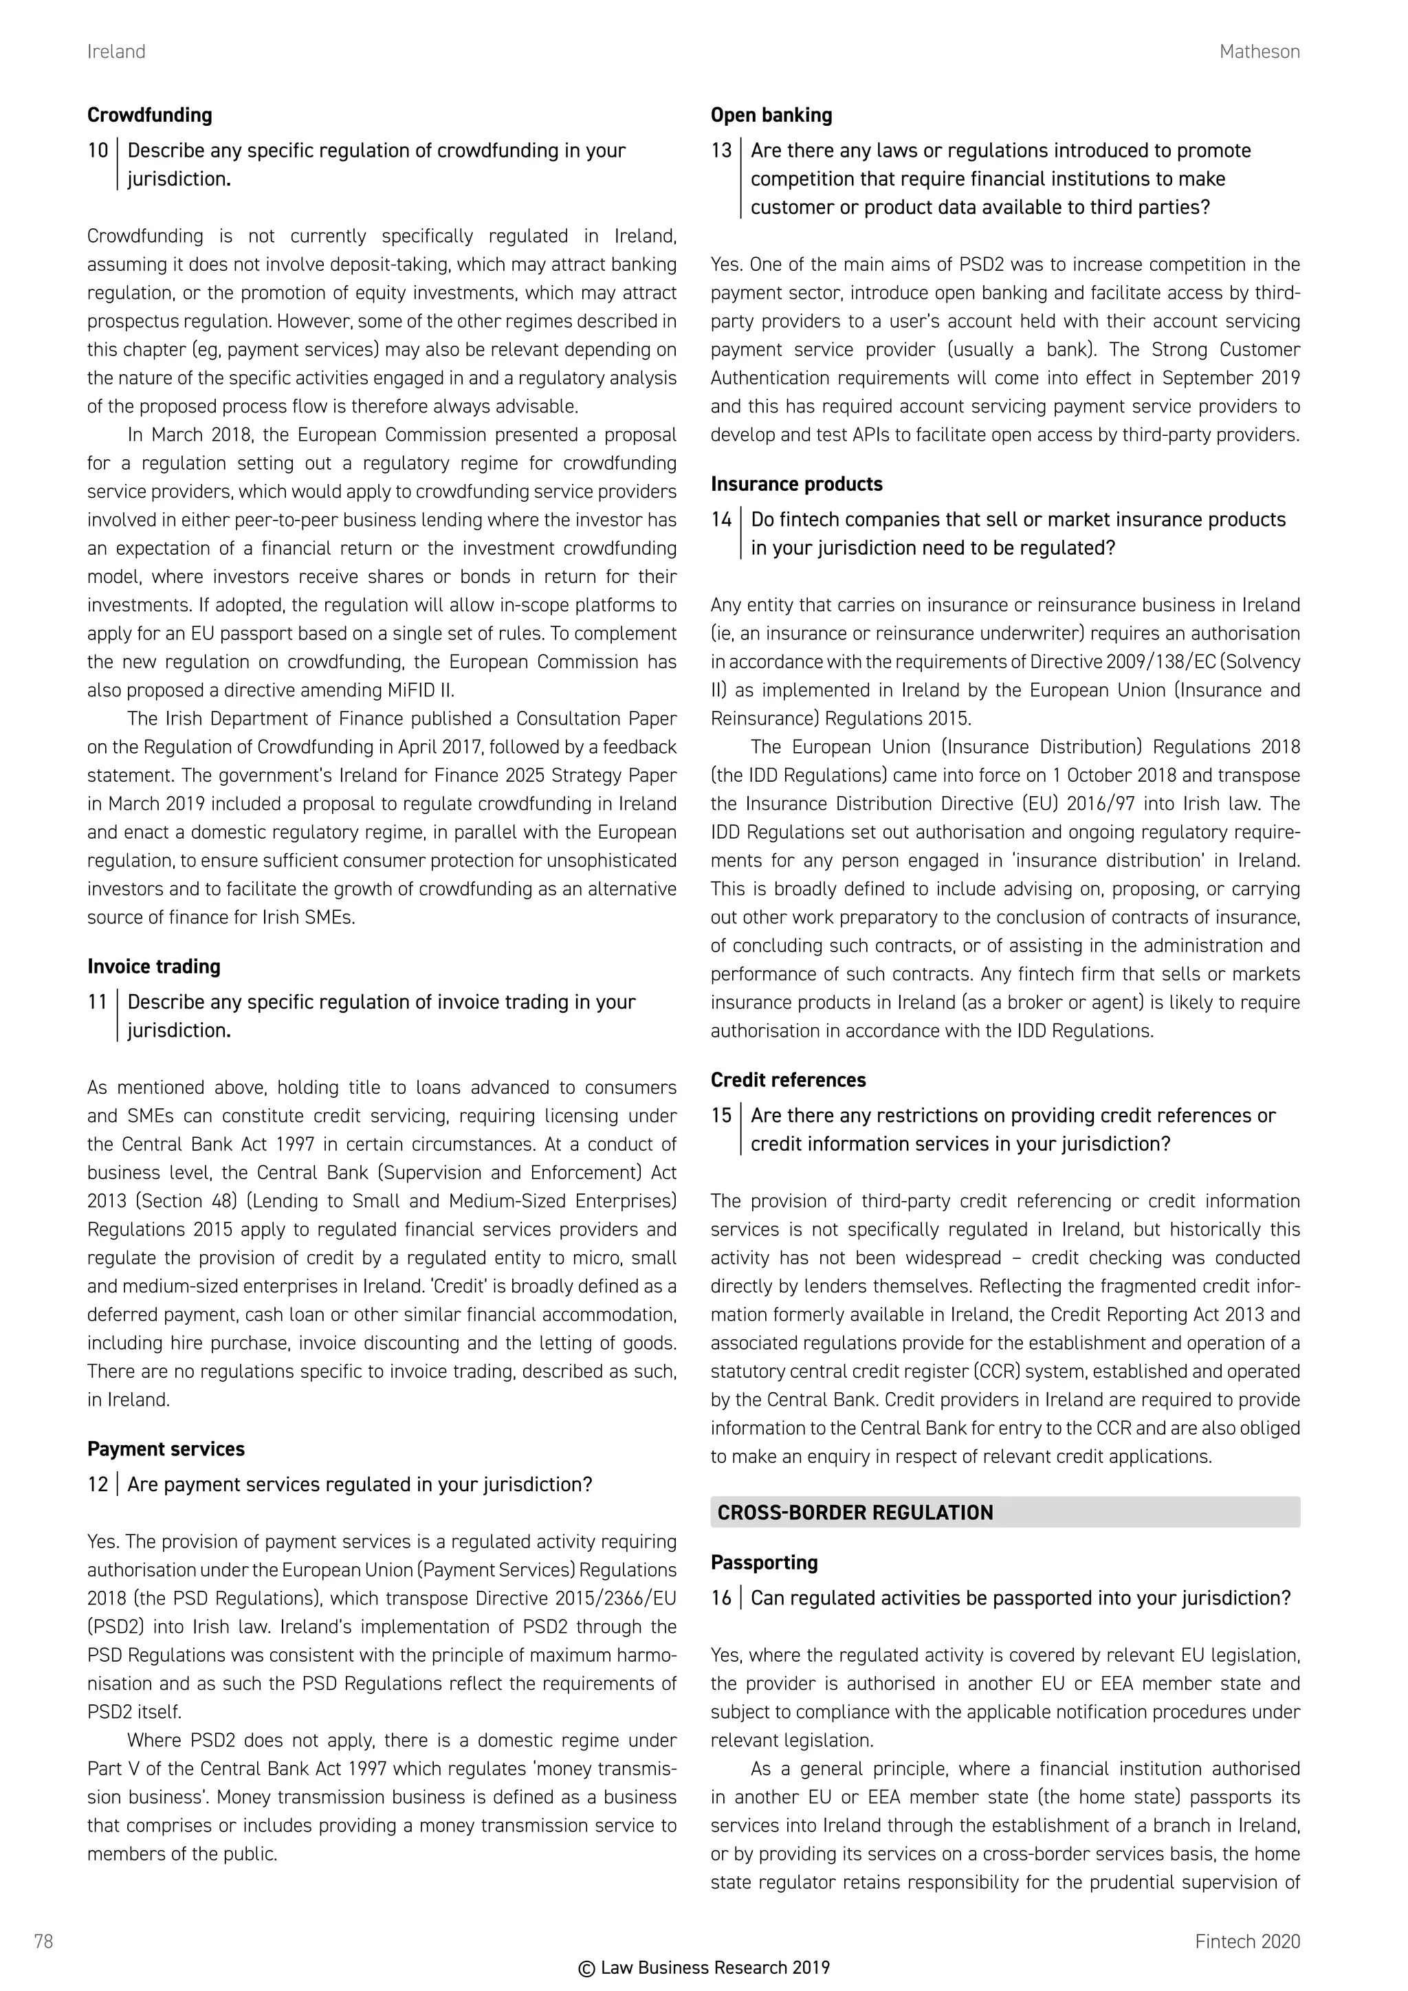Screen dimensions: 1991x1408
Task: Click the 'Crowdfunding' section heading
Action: point(149,115)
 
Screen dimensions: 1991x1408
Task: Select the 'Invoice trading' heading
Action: point(153,967)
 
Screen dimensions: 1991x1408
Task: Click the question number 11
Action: point(97,1002)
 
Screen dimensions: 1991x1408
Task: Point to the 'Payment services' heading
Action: point(166,1449)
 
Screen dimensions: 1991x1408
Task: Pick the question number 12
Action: point(97,1484)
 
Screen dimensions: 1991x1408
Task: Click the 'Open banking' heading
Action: point(771,115)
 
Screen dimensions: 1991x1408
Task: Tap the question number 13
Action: point(720,151)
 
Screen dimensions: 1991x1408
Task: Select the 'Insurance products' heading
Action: point(796,484)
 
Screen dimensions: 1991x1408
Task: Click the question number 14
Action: point(720,520)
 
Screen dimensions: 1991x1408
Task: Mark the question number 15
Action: point(720,1115)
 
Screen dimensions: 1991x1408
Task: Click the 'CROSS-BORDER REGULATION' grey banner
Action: point(1004,1512)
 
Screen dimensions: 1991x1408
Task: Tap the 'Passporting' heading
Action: point(764,1563)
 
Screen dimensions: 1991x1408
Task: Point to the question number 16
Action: point(720,1598)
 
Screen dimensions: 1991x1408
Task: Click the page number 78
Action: point(43,1941)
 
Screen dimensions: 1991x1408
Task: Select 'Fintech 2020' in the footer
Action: point(1246,1941)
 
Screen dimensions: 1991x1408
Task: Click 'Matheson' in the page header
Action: point(1259,52)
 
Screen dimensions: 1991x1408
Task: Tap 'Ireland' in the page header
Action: point(116,52)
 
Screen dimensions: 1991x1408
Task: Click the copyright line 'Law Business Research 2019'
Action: point(704,1968)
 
